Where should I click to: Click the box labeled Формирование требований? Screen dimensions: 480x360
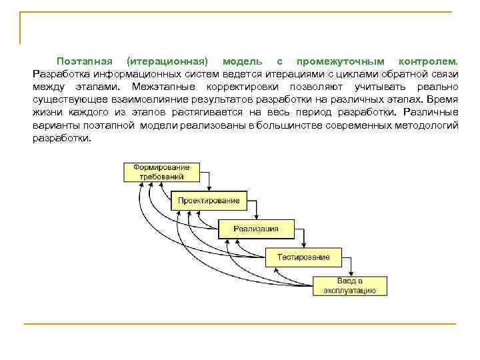161,171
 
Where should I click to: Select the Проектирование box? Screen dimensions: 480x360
209,200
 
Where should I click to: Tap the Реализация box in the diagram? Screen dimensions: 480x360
256,229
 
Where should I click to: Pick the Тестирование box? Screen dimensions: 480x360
303,257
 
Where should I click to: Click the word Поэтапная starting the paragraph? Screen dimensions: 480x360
83,61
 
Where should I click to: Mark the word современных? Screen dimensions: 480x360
362,125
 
